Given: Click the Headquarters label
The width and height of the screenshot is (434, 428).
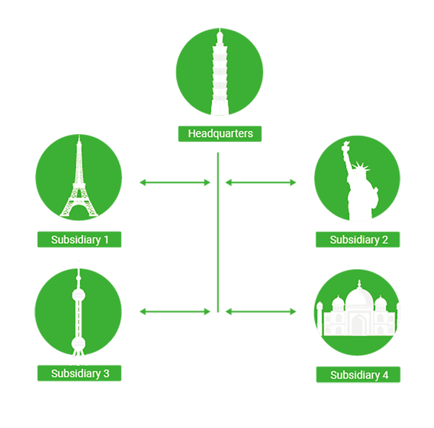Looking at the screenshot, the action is click(219, 134).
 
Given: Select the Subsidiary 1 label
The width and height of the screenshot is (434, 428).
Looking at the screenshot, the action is click(79, 239).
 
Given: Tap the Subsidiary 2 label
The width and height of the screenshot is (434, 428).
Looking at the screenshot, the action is click(358, 239).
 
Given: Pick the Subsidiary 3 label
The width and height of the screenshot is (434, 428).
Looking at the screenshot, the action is click(79, 373).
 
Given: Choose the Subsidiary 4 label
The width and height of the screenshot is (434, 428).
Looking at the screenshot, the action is click(358, 375).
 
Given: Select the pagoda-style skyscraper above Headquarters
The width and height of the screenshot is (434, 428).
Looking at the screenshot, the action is click(219, 73).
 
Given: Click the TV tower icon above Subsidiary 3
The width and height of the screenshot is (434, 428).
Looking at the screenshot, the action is click(79, 313).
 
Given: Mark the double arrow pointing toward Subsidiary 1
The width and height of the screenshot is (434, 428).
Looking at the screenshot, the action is click(175, 182).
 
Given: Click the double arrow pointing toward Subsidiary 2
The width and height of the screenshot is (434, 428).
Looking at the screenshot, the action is click(261, 182).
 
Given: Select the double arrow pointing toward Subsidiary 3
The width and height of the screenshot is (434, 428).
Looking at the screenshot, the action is click(175, 312).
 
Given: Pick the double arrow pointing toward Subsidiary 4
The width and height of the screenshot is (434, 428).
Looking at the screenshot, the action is click(261, 312).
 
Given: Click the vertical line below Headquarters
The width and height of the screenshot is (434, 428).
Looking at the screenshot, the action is click(218, 232).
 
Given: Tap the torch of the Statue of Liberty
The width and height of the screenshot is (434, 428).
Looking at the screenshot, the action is click(345, 146).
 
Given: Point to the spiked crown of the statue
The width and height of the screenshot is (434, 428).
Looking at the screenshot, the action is click(361, 167).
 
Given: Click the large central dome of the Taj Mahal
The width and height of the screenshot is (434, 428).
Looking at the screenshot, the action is click(359, 296).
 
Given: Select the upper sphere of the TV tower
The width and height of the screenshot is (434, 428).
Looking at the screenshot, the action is click(79, 295).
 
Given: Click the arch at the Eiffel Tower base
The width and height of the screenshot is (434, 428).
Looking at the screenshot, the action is click(79, 210).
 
